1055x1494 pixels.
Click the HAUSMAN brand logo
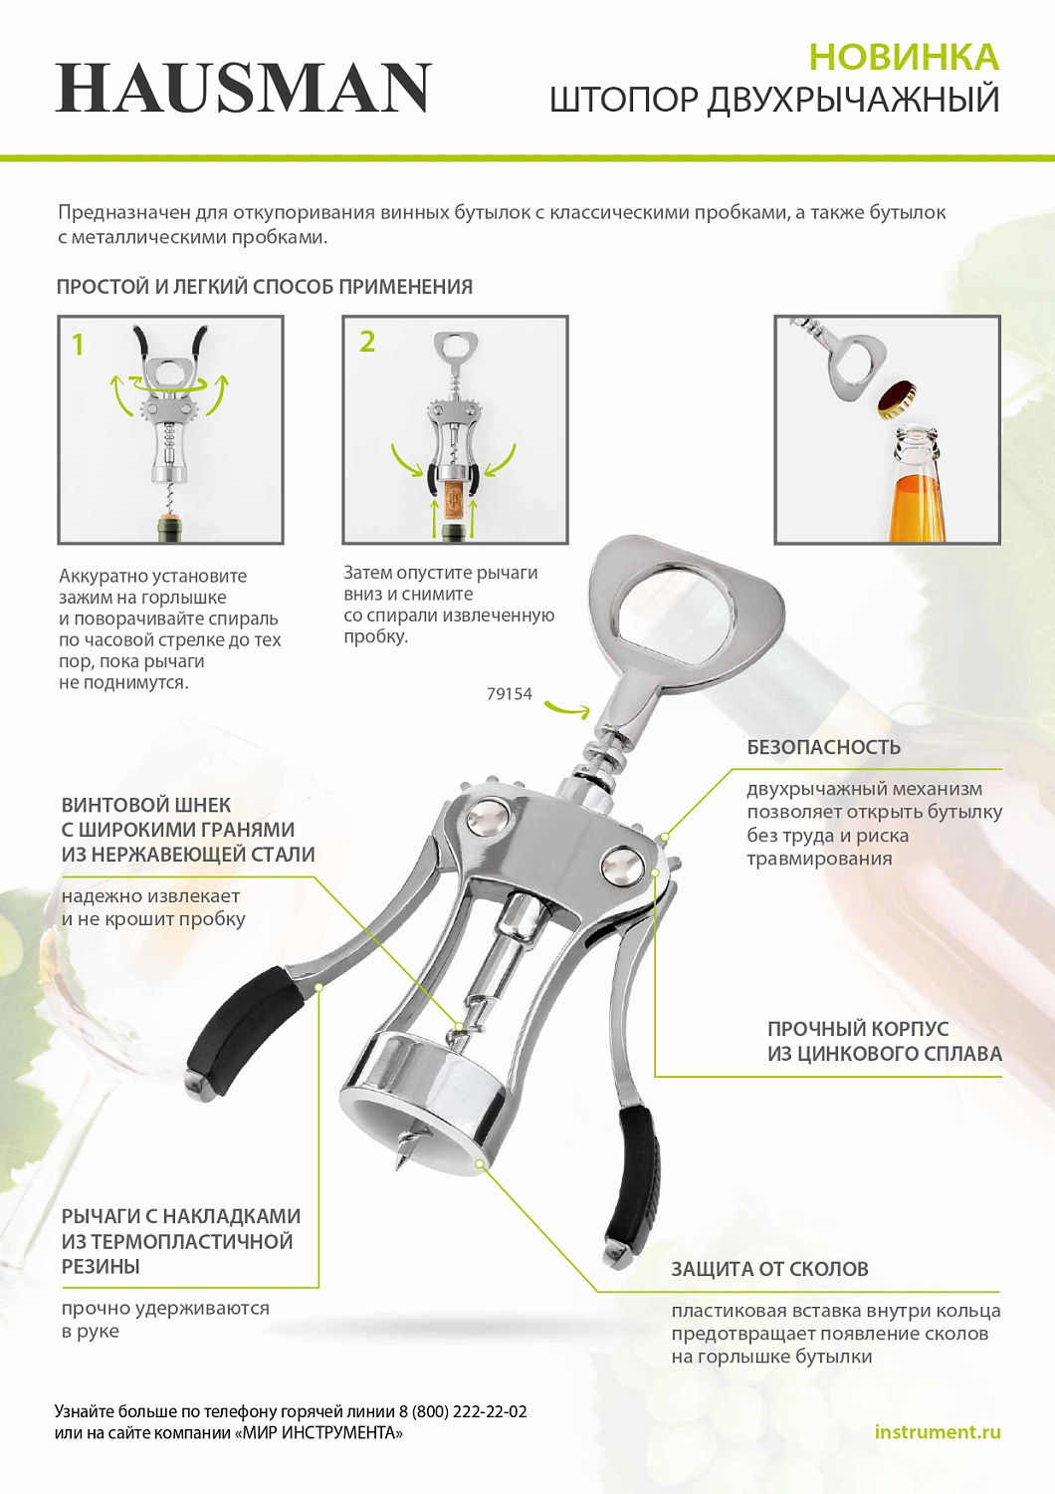click(x=244, y=88)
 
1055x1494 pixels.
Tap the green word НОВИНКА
click(x=904, y=58)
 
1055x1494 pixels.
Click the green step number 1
click(x=78, y=345)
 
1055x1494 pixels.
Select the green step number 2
click(x=367, y=342)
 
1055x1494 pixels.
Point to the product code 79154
click(x=510, y=694)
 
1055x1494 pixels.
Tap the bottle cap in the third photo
click(x=897, y=398)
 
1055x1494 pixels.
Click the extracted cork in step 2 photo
click(x=455, y=499)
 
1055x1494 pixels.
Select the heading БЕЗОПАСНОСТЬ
click(x=823, y=747)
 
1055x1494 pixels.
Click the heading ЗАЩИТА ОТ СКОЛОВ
click(x=769, y=1269)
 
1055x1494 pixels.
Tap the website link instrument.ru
click(x=937, y=1432)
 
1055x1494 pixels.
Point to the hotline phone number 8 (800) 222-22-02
click(x=463, y=1411)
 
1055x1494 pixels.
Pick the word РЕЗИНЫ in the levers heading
click(x=101, y=1266)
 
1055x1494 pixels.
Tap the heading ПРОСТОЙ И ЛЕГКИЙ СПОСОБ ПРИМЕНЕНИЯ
click(x=265, y=287)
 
